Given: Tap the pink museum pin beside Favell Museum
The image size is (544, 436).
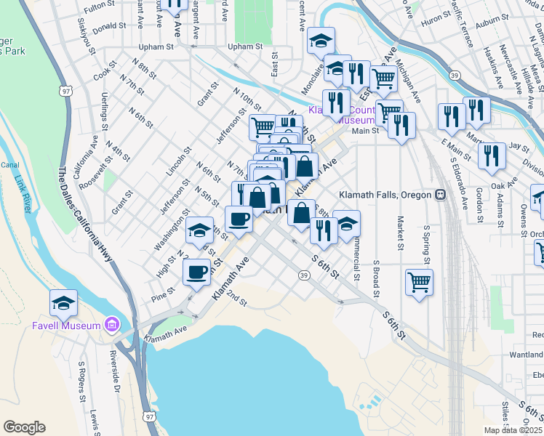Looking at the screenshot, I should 111,324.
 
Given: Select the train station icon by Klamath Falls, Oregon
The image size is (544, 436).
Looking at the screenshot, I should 440,195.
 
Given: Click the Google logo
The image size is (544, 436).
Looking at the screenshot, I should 24,427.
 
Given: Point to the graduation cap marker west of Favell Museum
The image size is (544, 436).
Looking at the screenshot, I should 64,304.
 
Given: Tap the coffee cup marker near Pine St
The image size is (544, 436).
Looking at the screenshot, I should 196,273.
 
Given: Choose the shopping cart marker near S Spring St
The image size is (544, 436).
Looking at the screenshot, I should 419,282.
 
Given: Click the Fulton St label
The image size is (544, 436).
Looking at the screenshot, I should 100,8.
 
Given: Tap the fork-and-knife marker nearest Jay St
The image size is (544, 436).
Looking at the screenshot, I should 492,156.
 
